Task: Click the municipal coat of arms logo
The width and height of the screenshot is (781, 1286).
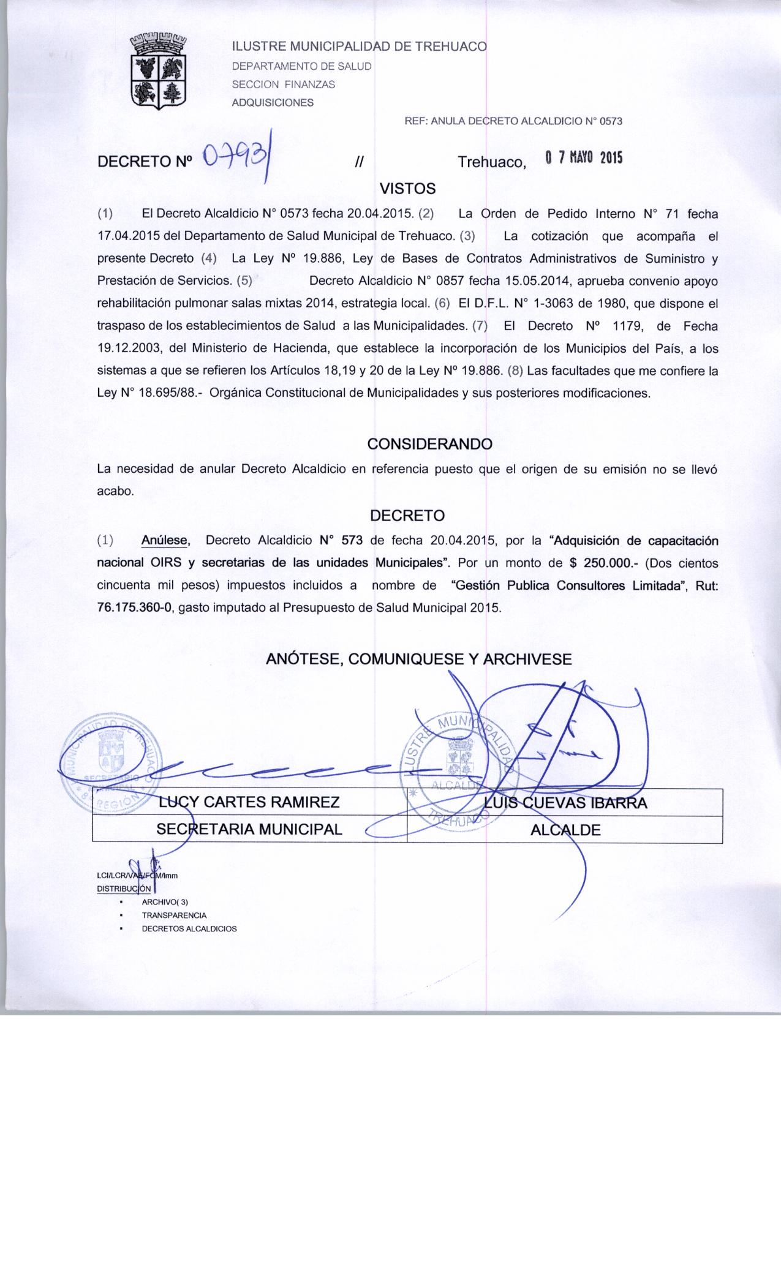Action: click(x=159, y=72)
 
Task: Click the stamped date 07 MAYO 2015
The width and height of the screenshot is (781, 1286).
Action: click(x=584, y=158)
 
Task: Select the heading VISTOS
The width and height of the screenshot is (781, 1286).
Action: click(x=408, y=188)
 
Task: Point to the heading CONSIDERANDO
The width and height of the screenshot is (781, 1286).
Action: click(x=429, y=443)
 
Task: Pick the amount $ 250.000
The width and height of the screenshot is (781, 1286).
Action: click(x=605, y=563)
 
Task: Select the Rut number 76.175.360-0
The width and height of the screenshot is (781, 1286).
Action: click(x=135, y=608)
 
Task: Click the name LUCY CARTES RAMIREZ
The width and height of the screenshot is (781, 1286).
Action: click(x=249, y=802)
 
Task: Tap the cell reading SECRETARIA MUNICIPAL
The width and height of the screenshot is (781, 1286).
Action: click(x=249, y=830)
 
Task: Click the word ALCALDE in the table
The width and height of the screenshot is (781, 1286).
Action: click(x=565, y=830)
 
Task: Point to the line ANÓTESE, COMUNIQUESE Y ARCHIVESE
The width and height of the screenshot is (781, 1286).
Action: click(x=418, y=659)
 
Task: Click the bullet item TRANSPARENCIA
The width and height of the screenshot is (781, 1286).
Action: click(x=174, y=916)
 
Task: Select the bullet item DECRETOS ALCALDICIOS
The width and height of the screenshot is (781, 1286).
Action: click(x=189, y=928)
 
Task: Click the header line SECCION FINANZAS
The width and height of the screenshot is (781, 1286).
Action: click(x=283, y=85)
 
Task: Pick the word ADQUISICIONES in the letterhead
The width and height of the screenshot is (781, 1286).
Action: click(x=272, y=102)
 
